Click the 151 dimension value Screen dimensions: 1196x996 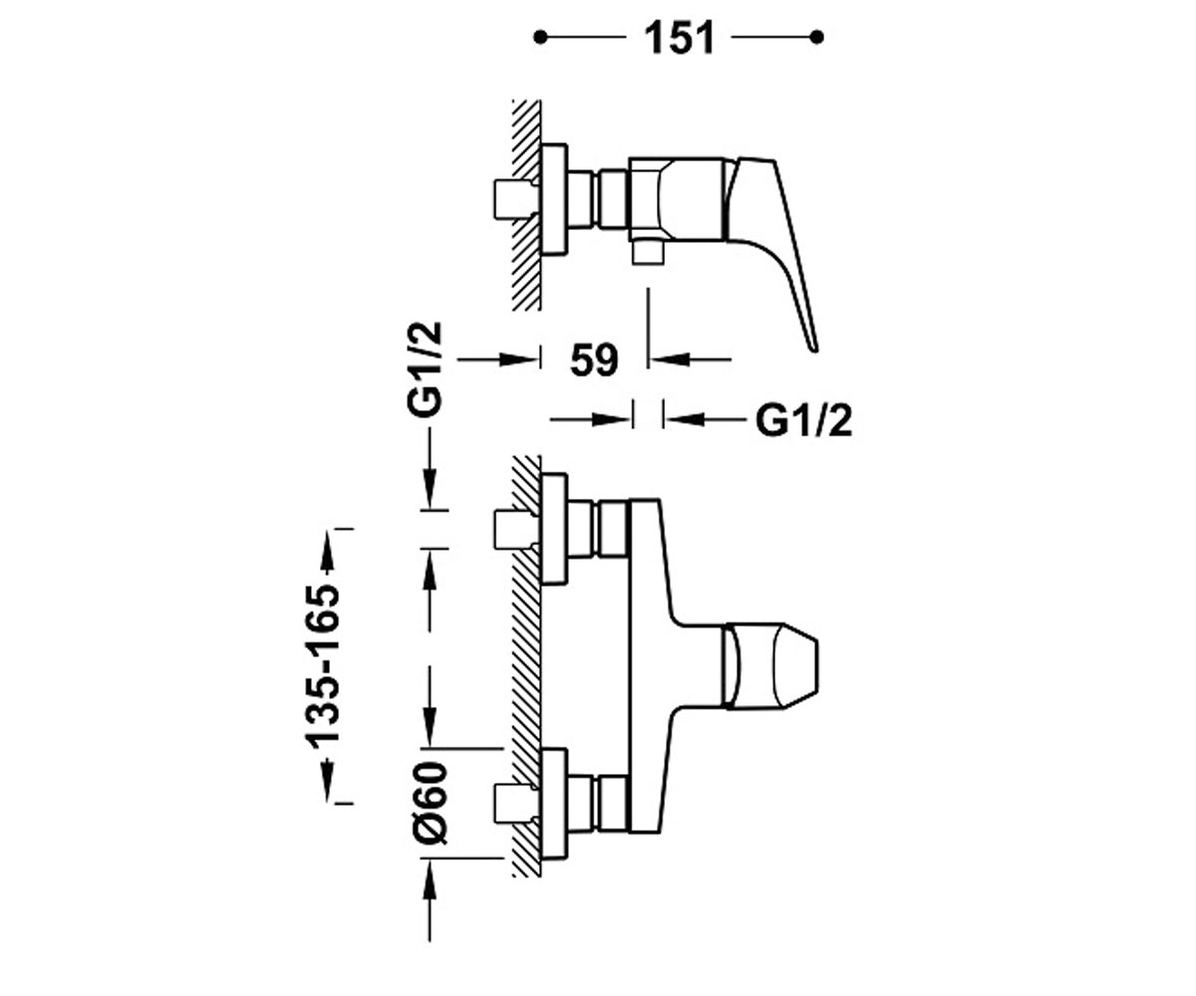pos(679,39)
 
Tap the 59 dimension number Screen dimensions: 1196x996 pos(595,360)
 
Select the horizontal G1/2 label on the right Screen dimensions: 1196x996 pos(803,420)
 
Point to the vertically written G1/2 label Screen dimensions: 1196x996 pos(425,370)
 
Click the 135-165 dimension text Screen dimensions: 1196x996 pos(323,666)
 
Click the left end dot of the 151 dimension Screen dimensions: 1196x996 pos(540,38)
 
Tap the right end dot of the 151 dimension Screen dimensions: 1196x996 pos(817,38)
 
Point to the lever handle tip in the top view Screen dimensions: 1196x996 pos(814,348)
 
